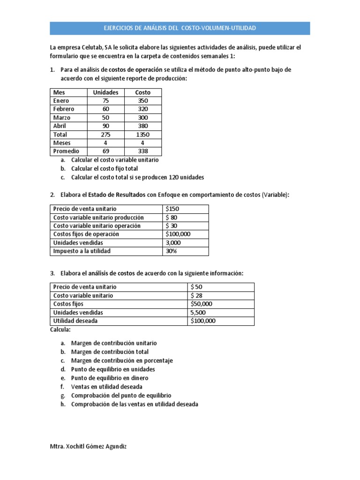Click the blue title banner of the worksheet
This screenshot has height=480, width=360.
(x=180, y=29)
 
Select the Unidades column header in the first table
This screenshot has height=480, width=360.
(x=106, y=92)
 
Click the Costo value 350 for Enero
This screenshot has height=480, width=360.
(x=142, y=101)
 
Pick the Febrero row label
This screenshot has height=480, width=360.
(x=64, y=109)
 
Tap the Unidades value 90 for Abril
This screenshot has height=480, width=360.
(x=106, y=126)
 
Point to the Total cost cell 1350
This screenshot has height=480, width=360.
(x=142, y=135)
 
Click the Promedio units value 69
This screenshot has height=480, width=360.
(x=106, y=151)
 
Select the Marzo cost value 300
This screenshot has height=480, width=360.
(x=142, y=118)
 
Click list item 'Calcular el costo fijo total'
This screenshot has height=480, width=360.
(x=105, y=169)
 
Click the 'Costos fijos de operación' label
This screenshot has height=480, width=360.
(x=86, y=234)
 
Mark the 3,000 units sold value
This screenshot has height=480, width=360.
(x=173, y=242)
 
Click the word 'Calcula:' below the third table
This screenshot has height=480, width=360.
(x=60, y=330)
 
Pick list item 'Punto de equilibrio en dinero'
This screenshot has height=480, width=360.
(x=110, y=378)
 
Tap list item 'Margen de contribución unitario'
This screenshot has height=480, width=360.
(x=114, y=343)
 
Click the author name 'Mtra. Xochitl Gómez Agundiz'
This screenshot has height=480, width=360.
(x=88, y=447)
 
